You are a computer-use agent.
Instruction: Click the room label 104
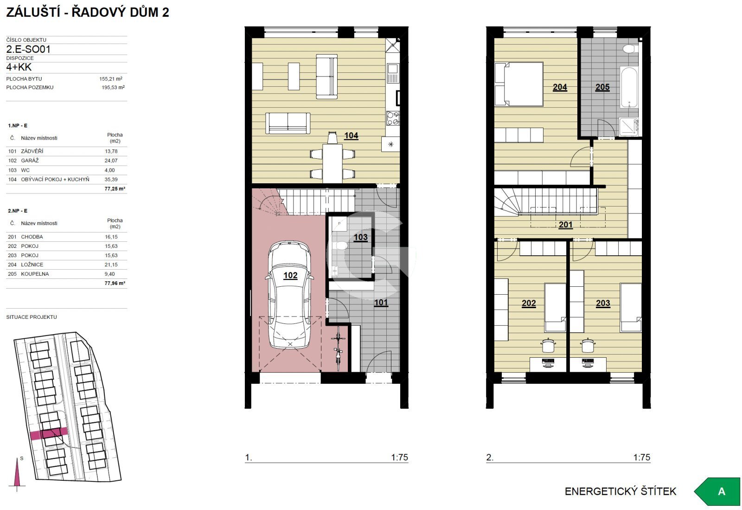pos(351,136)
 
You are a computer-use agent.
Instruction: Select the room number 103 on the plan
pos(360,237)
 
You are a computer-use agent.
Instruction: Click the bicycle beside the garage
pos(338,349)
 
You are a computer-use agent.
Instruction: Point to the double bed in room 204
pos(519,84)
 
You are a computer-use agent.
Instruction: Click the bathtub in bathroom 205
pos(629,88)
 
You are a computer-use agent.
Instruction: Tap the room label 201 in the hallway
pos(565,225)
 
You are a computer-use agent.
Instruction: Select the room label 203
pos(603,303)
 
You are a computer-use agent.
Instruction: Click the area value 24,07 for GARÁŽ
pos(111,161)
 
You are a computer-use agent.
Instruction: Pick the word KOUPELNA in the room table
pos(35,274)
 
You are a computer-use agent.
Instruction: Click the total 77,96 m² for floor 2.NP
pos(115,284)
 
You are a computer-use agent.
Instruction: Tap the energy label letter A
pos(721,491)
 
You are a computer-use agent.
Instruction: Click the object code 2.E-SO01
pos(28,49)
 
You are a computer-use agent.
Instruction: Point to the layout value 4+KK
pos(19,67)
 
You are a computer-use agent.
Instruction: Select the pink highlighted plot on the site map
pos(49,433)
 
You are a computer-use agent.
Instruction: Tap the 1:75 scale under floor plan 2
pos(642,457)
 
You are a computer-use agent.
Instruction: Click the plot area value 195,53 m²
pos(113,88)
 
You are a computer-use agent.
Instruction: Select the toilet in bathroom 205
pos(630,49)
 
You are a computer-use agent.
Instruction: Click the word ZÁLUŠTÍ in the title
pos(33,12)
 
